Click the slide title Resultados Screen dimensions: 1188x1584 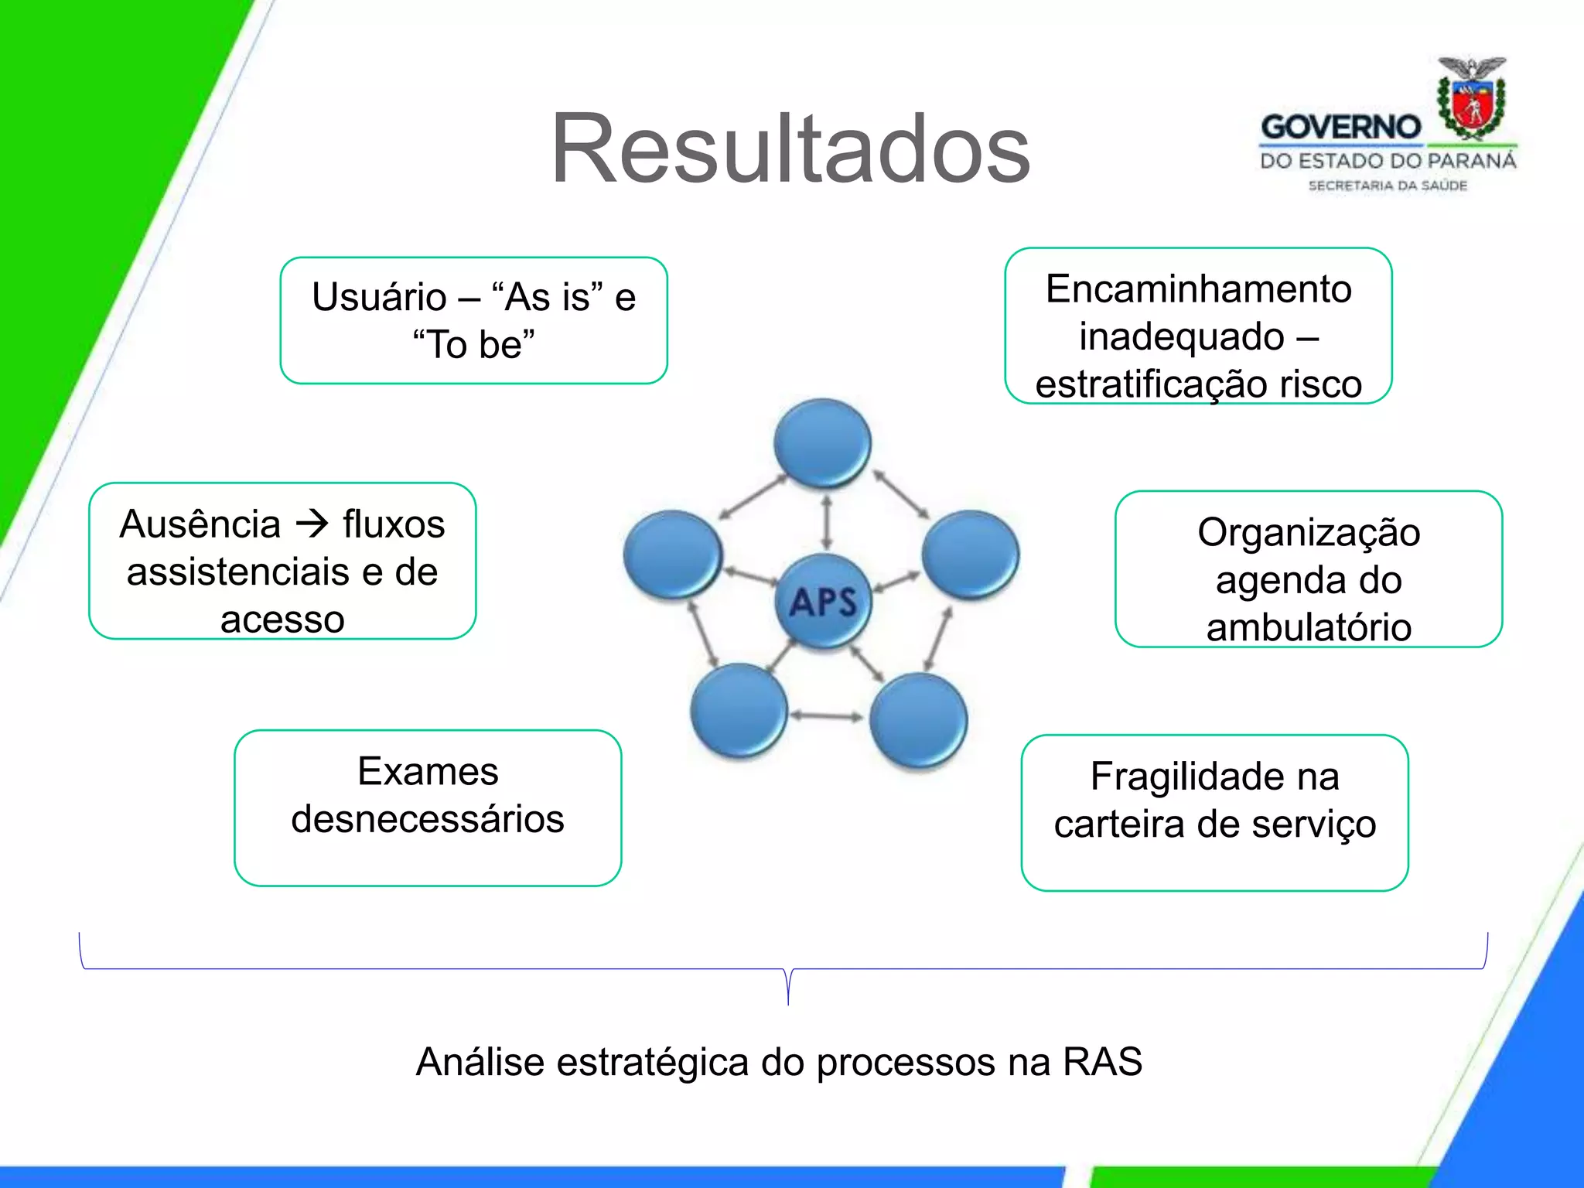tap(790, 148)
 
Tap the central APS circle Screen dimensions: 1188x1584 tap(823, 601)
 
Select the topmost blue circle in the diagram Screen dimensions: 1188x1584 tap(822, 442)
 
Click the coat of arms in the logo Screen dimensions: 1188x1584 tap(1471, 101)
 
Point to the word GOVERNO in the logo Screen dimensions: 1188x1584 tap(1340, 128)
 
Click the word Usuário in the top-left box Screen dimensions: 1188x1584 tap(379, 297)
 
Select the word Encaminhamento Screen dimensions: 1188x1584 tap(1198, 289)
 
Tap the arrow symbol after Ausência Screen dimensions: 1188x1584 tap(312, 524)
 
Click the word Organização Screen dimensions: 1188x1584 tap(1309, 533)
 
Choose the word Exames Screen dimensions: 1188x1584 tap(428, 771)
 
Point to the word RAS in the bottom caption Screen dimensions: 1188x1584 tap(1102, 1061)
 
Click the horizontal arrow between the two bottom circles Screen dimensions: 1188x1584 tap(826, 716)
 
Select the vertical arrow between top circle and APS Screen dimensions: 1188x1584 tap(826, 523)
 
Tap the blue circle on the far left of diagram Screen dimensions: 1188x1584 tap(672, 554)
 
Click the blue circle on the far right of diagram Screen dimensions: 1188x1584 tap(970, 554)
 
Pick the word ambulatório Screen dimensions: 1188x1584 tap(1309, 627)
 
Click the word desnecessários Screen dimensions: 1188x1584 tap(428, 819)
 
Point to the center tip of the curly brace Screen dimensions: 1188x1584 tap(788, 1002)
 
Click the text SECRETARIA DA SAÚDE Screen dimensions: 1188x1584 tap(1388, 186)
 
